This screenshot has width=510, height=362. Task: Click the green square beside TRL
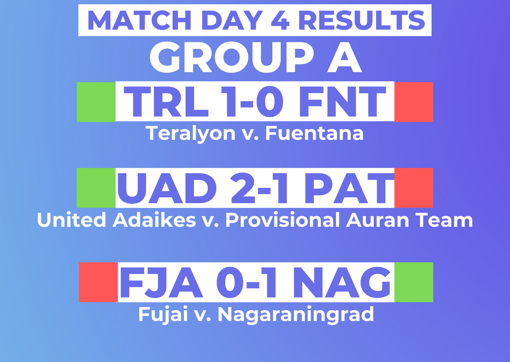click(x=96, y=102)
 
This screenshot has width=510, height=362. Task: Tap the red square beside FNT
click(x=414, y=102)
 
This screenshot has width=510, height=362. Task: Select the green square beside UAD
click(x=96, y=188)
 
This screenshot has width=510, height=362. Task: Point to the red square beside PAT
click(x=414, y=188)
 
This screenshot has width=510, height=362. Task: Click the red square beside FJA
click(x=98, y=282)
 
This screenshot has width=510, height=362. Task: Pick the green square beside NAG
click(x=414, y=282)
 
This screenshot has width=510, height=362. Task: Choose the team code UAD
click(x=167, y=188)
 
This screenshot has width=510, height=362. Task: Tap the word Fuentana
click(x=314, y=133)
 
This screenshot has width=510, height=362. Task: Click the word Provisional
click(x=283, y=220)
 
